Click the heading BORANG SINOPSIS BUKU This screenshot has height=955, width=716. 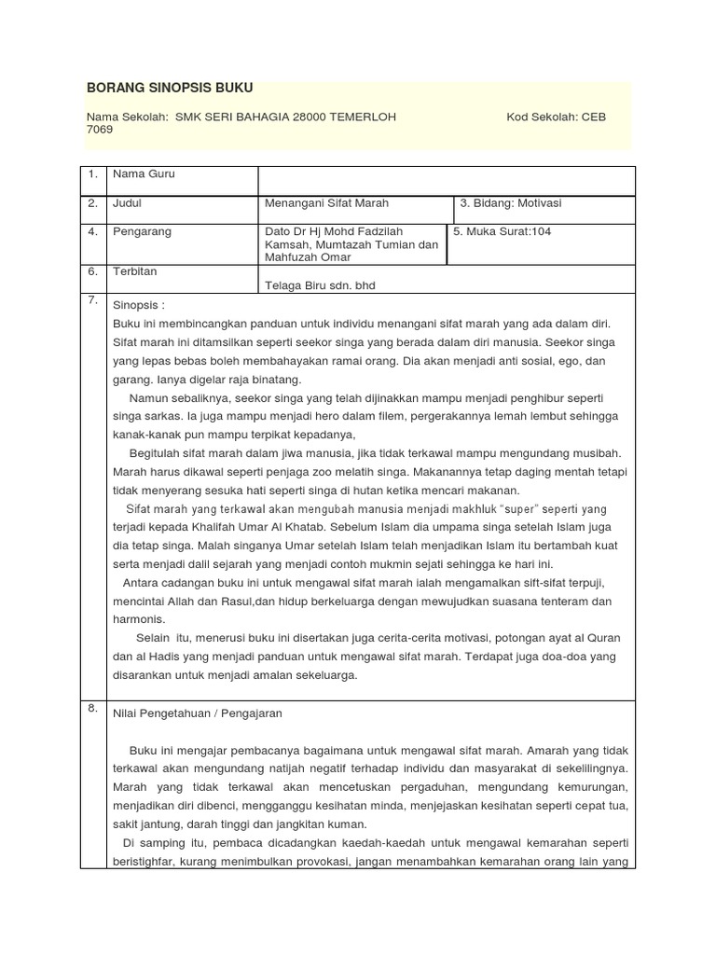click(169, 89)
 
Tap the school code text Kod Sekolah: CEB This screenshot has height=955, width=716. click(556, 117)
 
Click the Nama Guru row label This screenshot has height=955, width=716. click(144, 174)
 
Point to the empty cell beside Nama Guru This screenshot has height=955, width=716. click(446, 181)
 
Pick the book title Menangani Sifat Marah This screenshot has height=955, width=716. click(326, 203)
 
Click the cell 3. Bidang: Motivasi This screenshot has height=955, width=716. click(511, 203)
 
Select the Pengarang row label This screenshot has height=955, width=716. click(142, 231)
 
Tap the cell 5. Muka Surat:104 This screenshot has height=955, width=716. click(502, 231)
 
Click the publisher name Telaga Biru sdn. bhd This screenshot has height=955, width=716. click(320, 285)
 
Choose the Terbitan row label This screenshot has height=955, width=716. click(135, 271)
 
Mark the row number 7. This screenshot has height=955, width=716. click(92, 299)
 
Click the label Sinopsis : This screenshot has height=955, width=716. click(138, 305)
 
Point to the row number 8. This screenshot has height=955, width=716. click(92, 708)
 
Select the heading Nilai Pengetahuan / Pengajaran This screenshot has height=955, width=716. click(197, 713)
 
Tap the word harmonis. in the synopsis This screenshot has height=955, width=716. click(138, 618)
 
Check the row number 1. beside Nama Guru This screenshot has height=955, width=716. click(92, 174)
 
